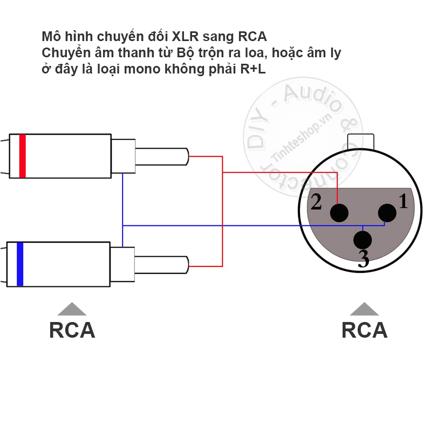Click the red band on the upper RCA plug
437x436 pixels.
click(x=22, y=156)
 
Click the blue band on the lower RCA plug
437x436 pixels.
click(x=20, y=264)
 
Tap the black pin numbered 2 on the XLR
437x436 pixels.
click(x=339, y=213)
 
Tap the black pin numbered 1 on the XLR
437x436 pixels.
click(x=387, y=213)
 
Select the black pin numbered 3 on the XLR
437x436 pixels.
click(x=363, y=240)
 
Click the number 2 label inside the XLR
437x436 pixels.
click(x=316, y=202)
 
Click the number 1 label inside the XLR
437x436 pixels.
click(x=403, y=201)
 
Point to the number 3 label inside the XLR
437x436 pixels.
click(x=364, y=259)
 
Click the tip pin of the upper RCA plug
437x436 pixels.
click(x=162, y=157)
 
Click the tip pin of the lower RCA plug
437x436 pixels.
click(x=162, y=265)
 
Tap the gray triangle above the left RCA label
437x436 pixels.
click(x=72, y=308)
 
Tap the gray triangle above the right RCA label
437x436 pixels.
click(x=364, y=308)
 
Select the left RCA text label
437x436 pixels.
click(x=72, y=330)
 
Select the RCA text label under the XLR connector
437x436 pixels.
click(x=365, y=330)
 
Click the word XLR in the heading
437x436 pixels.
click(x=185, y=37)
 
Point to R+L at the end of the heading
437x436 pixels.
click(x=253, y=69)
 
